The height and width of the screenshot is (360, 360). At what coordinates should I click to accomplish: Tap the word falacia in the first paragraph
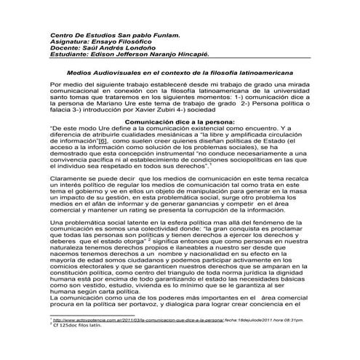[63, 117]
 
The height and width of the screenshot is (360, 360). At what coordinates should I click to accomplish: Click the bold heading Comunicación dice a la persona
[180, 132]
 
